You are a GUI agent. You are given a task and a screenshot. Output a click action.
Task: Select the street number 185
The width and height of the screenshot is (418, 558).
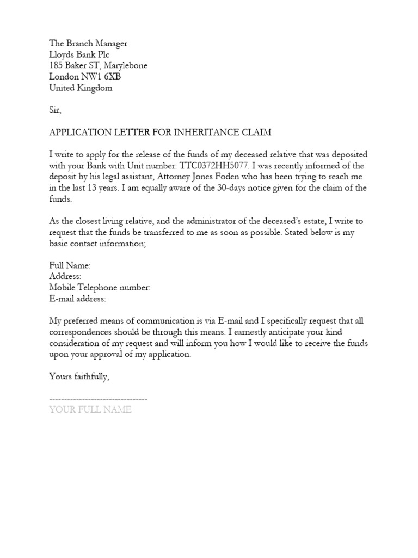[57, 65]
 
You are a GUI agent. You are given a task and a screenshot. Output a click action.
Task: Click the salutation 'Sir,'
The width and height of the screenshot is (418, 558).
[56, 110]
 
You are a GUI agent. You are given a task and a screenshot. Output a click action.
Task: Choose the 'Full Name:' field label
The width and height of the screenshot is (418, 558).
[70, 265]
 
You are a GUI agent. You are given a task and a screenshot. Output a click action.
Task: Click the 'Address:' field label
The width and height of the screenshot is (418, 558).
[65, 276]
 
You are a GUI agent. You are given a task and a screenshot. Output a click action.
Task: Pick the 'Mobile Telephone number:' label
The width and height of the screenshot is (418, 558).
[100, 288]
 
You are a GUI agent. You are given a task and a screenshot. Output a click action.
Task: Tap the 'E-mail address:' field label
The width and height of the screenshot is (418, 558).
[78, 299]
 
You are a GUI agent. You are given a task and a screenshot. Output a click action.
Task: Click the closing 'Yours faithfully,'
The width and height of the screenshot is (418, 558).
[82, 376]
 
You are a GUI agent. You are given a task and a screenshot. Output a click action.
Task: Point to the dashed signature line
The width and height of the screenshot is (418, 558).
[99, 399]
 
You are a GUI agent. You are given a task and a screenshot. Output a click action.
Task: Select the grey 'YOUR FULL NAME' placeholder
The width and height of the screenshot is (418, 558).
[90, 409]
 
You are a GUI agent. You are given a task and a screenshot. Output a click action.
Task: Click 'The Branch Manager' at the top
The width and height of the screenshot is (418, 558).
[88, 44]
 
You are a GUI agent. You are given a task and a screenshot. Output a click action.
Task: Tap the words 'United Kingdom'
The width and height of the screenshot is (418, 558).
[81, 88]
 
